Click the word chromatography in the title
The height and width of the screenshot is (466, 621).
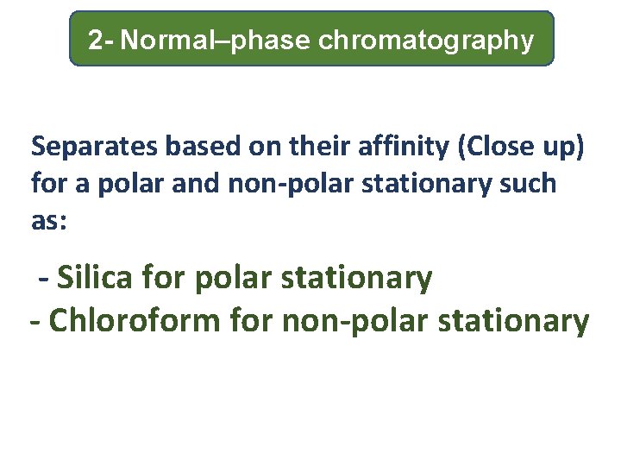pos(426,41)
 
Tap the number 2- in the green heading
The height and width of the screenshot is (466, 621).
pos(101,40)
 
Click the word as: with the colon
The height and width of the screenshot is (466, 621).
pos(49,220)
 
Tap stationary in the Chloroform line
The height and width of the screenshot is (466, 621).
pos(515,321)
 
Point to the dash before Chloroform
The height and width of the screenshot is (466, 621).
pos(35,323)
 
